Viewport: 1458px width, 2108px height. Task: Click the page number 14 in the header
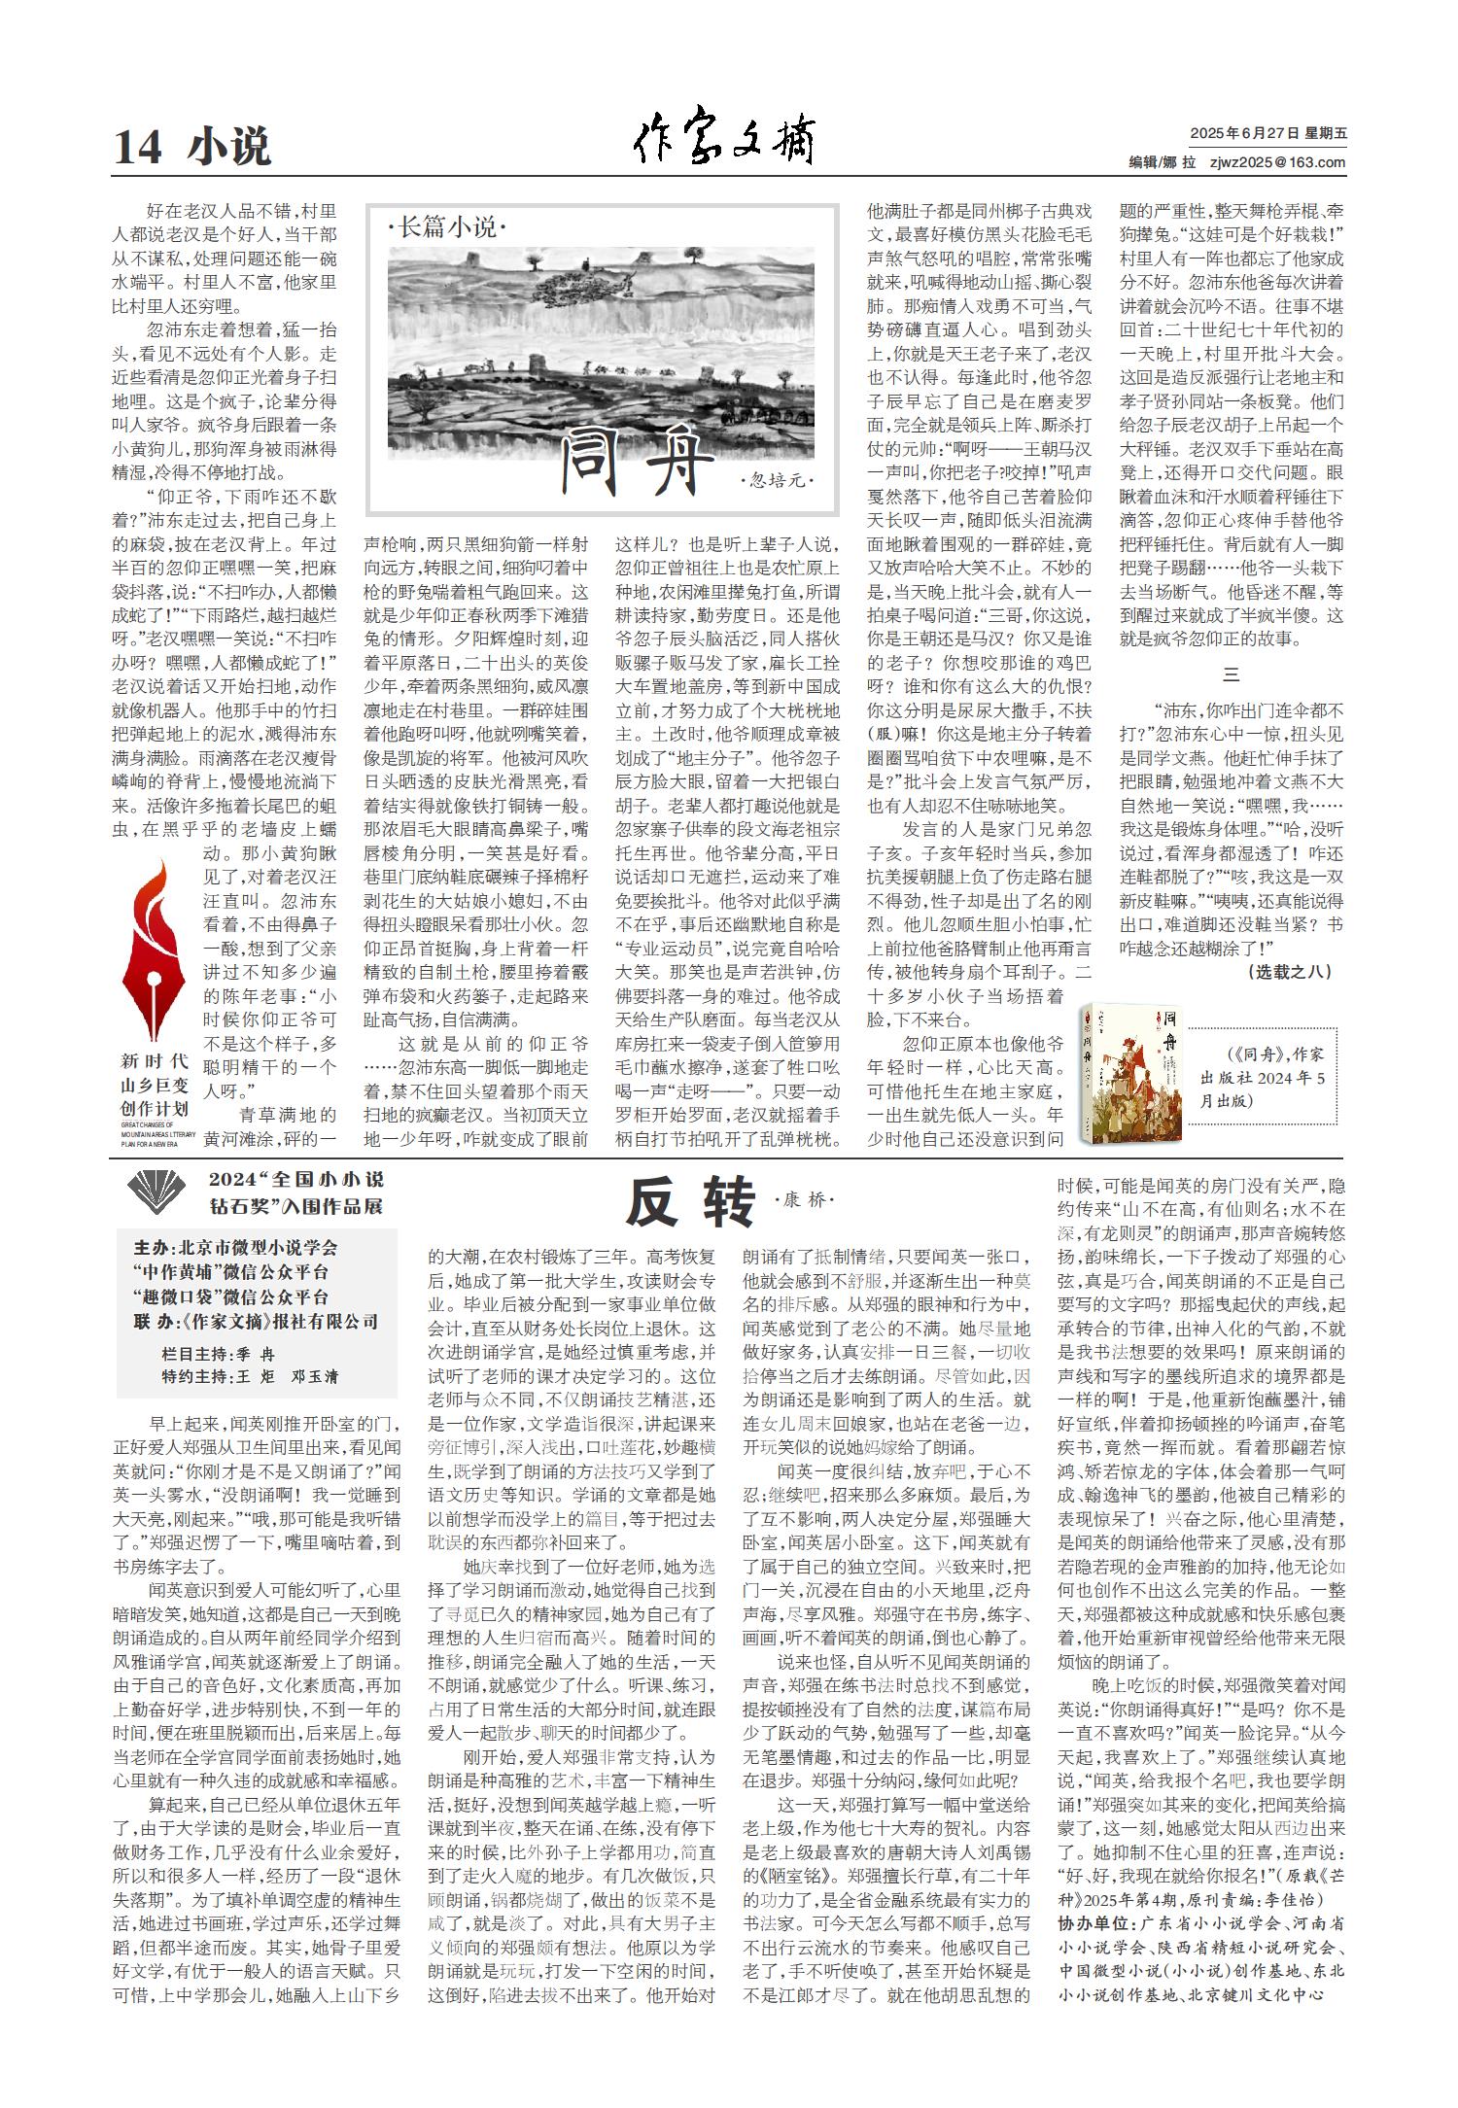[x=137, y=148]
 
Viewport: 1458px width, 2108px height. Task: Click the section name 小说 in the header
[x=230, y=147]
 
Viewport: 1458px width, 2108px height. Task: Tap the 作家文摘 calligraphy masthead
[x=725, y=141]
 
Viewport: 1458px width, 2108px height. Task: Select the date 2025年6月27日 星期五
[x=1267, y=134]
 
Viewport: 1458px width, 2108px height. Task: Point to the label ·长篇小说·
[x=447, y=228]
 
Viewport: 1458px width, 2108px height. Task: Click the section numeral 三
[x=1231, y=675]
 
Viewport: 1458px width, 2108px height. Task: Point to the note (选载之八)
[x=1289, y=971]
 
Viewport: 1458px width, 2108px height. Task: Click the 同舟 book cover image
[x=1131, y=1073]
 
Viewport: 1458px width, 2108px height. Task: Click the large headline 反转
[x=690, y=1204]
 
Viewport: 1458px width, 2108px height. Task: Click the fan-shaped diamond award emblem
[x=157, y=1192]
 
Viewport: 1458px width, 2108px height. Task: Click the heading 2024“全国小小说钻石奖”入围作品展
[x=295, y=1192]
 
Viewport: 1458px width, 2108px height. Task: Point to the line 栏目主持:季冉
[x=218, y=1354]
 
